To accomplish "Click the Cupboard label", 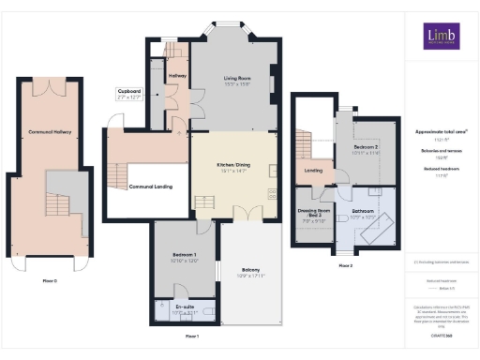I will (128, 91).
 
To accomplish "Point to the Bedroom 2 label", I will (367, 148).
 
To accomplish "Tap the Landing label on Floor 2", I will (314, 170).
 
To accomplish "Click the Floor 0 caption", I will (50, 280).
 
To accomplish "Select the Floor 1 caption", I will (191, 335).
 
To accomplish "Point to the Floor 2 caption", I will (345, 265).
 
